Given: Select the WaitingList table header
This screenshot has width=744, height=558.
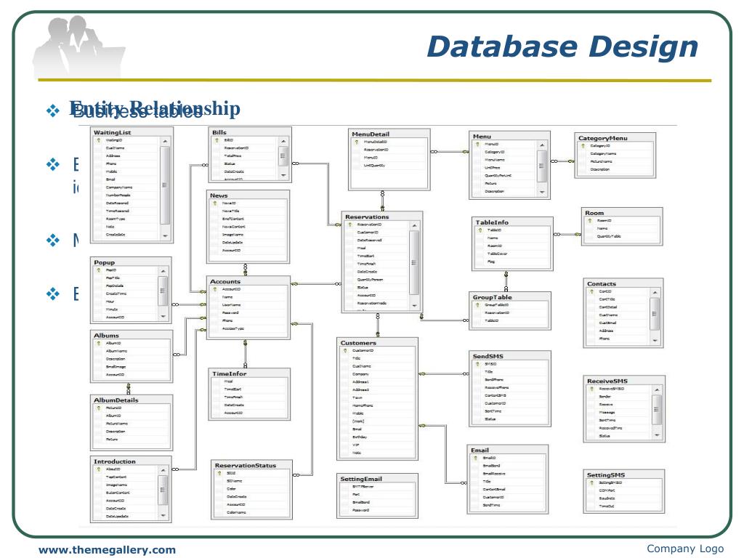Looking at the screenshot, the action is click(x=113, y=133).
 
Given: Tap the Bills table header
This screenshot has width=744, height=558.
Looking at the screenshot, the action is click(x=219, y=133).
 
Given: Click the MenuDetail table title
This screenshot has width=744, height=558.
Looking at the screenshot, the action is click(x=371, y=134).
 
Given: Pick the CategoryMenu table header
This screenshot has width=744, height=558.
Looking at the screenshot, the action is click(x=602, y=137).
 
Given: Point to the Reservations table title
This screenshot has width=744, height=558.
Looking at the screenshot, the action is click(x=367, y=217).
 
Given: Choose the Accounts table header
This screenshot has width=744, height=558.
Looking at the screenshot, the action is click(x=225, y=281).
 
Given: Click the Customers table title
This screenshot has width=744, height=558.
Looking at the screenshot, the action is click(x=357, y=342).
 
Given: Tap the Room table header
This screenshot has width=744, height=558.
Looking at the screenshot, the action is click(x=594, y=213).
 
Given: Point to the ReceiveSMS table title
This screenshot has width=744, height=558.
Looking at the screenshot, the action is click(x=607, y=381).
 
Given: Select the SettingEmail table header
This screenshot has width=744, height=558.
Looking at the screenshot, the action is click(x=361, y=480).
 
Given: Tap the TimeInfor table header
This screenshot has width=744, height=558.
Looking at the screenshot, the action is click(x=229, y=373).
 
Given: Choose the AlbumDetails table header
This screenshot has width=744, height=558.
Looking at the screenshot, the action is click(x=116, y=400).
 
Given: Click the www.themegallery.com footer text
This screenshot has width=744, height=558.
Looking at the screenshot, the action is click(x=107, y=550).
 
